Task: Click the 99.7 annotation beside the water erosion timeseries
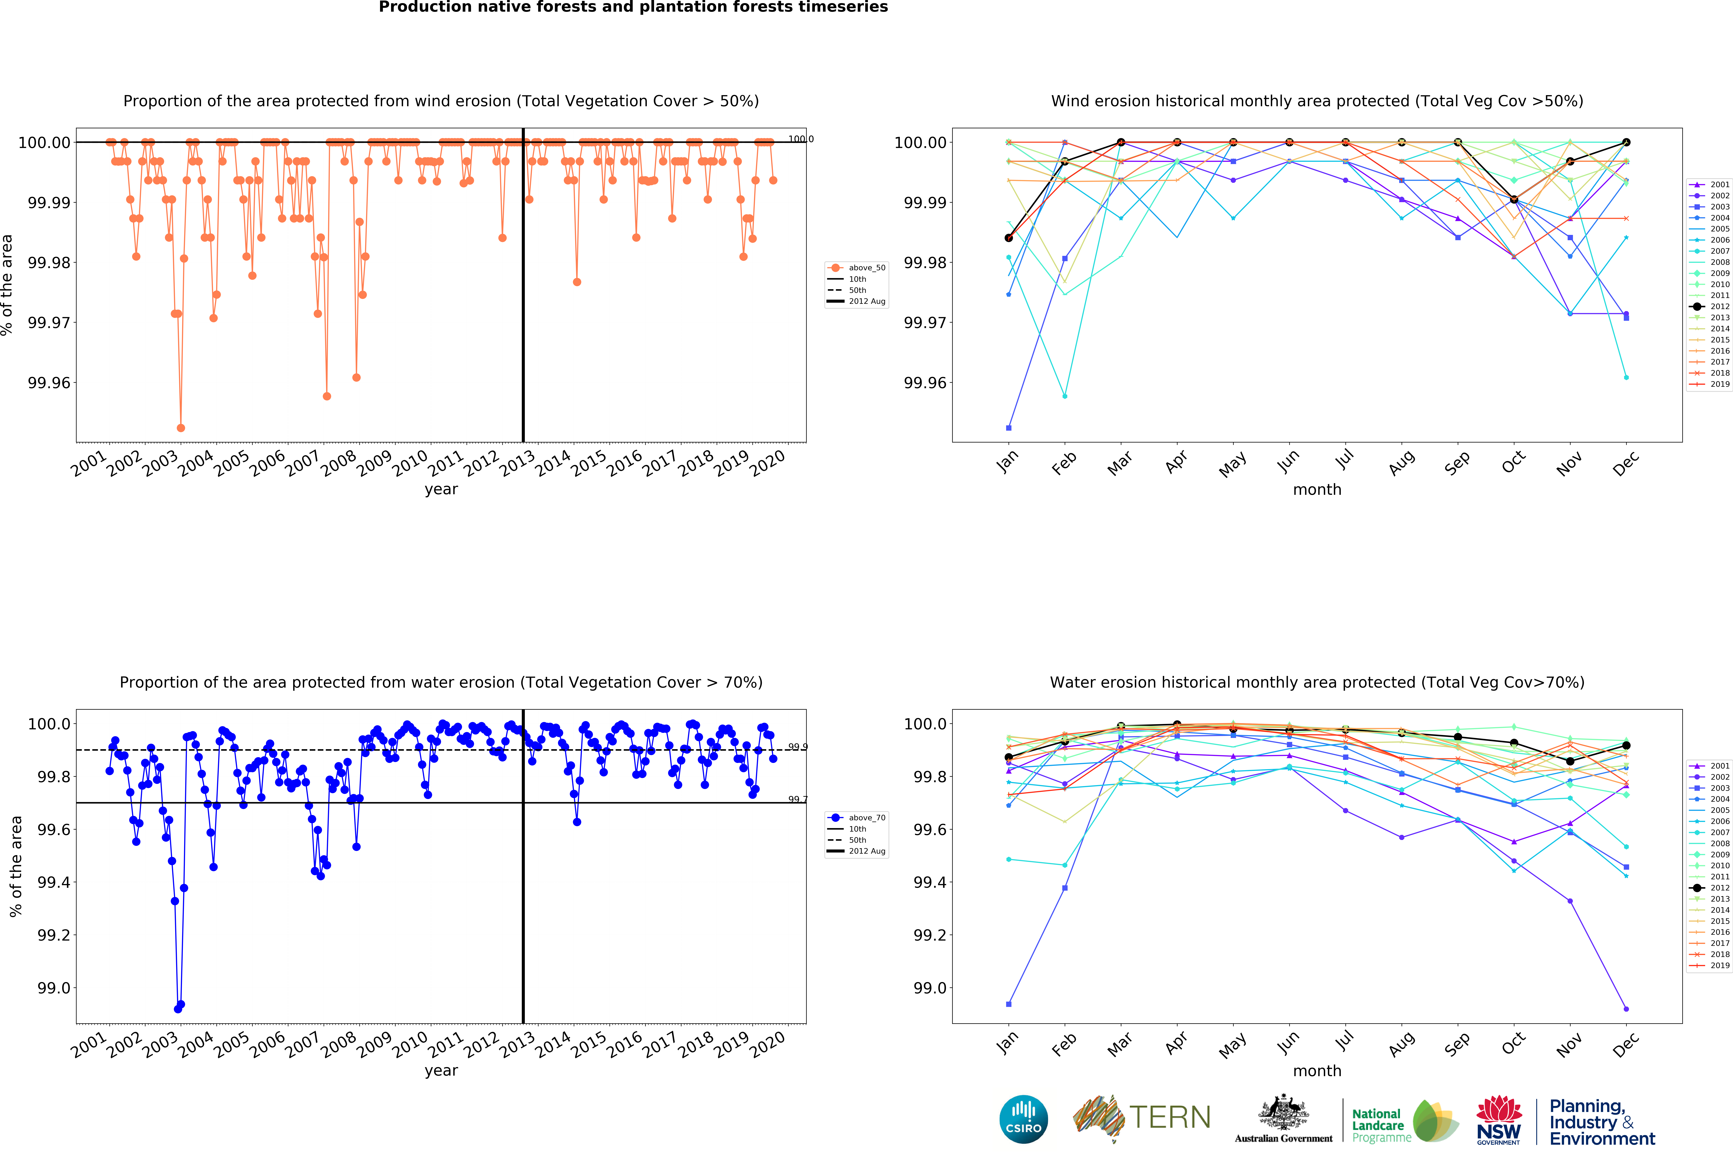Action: coord(797,800)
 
